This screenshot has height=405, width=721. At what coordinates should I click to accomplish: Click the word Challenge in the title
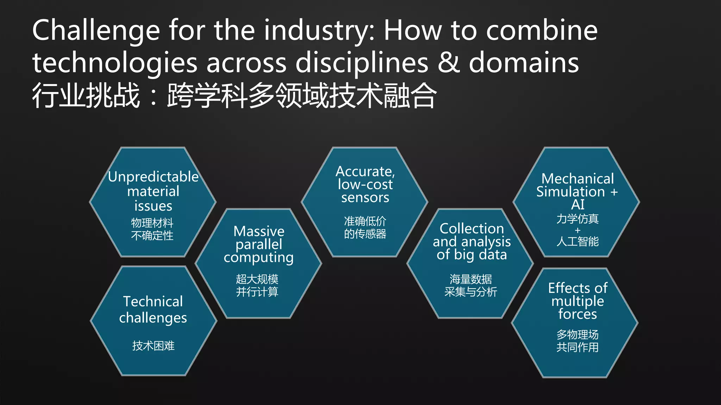click(x=96, y=31)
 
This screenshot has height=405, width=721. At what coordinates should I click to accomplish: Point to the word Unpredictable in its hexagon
click(x=153, y=176)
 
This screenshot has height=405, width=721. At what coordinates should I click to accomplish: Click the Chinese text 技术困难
click(x=153, y=346)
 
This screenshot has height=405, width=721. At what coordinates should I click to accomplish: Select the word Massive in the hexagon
click(x=259, y=231)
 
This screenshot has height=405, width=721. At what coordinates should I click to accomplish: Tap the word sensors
click(x=365, y=198)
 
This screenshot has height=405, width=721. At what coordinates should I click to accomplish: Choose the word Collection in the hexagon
click(x=472, y=229)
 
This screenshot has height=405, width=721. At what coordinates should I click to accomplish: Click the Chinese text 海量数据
click(x=471, y=279)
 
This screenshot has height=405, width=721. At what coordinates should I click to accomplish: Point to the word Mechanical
click(x=577, y=179)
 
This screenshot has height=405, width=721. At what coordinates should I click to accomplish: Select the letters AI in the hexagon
click(x=578, y=204)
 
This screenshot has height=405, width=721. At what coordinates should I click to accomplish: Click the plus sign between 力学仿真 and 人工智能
click(x=577, y=230)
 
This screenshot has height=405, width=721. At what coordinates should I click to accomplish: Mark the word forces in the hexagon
click(x=577, y=314)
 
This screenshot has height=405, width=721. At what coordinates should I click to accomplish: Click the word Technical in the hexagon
click(x=153, y=301)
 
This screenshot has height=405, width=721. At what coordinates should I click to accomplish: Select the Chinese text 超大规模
click(x=257, y=279)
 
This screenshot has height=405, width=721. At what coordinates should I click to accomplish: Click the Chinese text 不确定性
click(x=152, y=236)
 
